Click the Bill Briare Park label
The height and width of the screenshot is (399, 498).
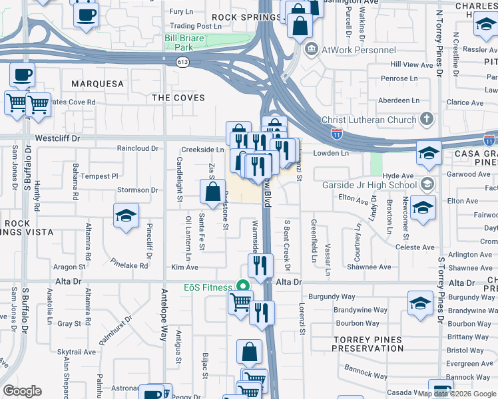click(x=185, y=43)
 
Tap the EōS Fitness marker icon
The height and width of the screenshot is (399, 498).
click(x=244, y=287)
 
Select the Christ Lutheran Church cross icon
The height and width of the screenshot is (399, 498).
click(x=427, y=120)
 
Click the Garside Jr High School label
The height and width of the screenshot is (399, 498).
click(x=370, y=186)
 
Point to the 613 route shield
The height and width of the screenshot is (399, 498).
click(x=182, y=61)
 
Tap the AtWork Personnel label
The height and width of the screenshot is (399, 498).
click(x=359, y=50)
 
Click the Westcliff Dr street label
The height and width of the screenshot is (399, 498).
click(x=57, y=139)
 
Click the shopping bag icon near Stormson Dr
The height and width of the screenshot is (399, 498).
click(x=212, y=192)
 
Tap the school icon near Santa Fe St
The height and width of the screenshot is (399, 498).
click(x=124, y=215)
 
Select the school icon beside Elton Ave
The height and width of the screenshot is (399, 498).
click(x=421, y=207)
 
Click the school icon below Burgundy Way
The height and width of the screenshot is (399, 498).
click(x=420, y=303)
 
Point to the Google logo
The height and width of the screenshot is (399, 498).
click(x=22, y=391)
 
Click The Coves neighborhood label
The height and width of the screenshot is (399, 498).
click(x=178, y=98)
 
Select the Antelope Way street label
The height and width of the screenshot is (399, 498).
click(x=164, y=313)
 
